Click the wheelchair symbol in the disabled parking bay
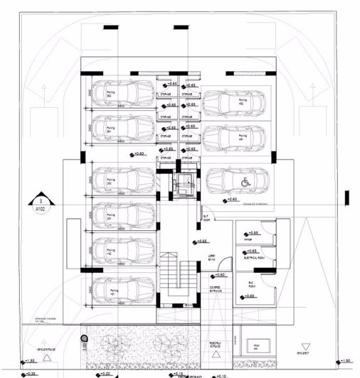point(245,182)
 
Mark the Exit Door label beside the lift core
point(206,218)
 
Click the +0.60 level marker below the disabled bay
point(230,200)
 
